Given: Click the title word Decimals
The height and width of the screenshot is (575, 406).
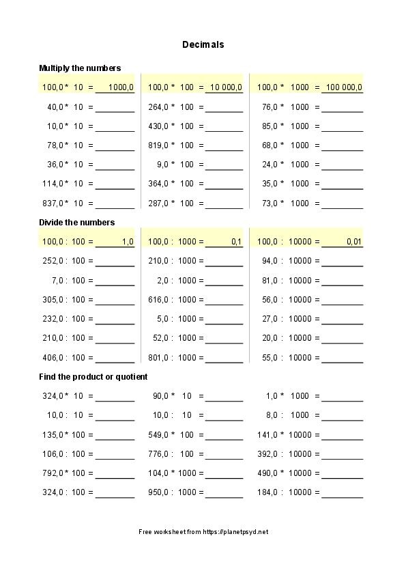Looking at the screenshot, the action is click(x=203, y=44).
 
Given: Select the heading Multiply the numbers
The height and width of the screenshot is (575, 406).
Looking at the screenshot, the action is click(x=80, y=68).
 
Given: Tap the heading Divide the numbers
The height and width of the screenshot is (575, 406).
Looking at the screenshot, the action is click(x=76, y=222).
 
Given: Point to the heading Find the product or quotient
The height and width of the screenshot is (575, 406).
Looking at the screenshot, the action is click(x=93, y=376).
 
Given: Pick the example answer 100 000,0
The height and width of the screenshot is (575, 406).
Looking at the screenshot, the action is click(x=344, y=87).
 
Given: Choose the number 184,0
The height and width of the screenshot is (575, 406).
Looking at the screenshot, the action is click(x=270, y=492).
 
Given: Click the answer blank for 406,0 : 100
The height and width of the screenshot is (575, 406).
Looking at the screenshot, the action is click(x=115, y=358).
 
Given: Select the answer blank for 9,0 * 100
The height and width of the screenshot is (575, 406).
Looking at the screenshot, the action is click(x=224, y=165).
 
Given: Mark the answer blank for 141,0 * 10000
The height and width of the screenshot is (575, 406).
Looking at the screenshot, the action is click(x=342, y=435).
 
